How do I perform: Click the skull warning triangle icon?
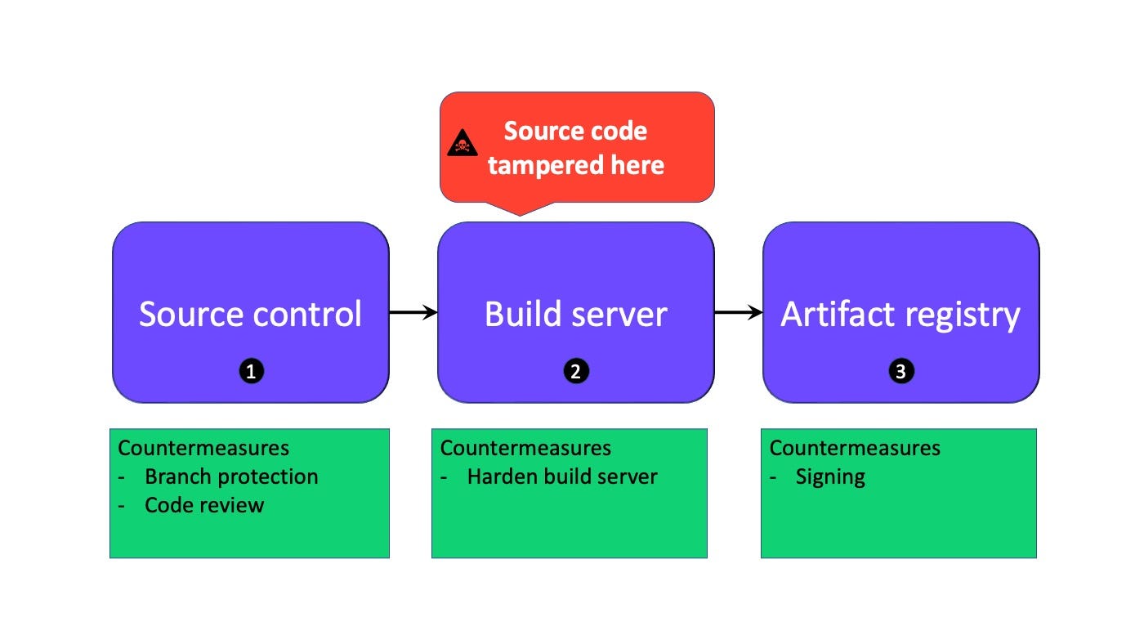pyautogui.click(x=462, y=144)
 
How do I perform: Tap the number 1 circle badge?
pyautogui.click(x=251, y=372)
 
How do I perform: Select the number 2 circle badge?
pyautogui.click(x=576, y=372)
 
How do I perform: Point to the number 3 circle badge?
pyautogui.click(x=901, y=372)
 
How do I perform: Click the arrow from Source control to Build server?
pyautogui.click(x=413, y=312)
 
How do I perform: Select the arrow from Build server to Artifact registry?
pyautogui.click(x=739, y=312)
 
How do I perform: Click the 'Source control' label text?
pyautogui.click(x=250, y=314)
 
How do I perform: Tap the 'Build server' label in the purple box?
pyautogui.click(x=576, y=314)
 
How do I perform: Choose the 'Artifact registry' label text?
pyautogui.click(x=900, y=314)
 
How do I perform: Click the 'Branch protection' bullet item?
pyautogui.click(x=231, y=476)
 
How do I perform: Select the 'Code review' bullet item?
pyautogui.click(x=204, y=505)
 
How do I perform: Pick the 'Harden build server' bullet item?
pyautogui.click(x=562, y=476)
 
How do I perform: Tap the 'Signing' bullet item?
pyautogui.click(x=830, y=476)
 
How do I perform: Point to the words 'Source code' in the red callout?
pyautogui.click(x=575, y=131)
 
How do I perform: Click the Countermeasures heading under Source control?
pyautogui.click(x=203, y=448)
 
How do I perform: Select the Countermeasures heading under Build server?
pyautogui.click(x=525, y=448)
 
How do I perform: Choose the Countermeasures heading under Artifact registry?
pyautogui.click(x=855, y=448)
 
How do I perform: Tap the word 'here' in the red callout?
pyautogui.click(x=642, y=165)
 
